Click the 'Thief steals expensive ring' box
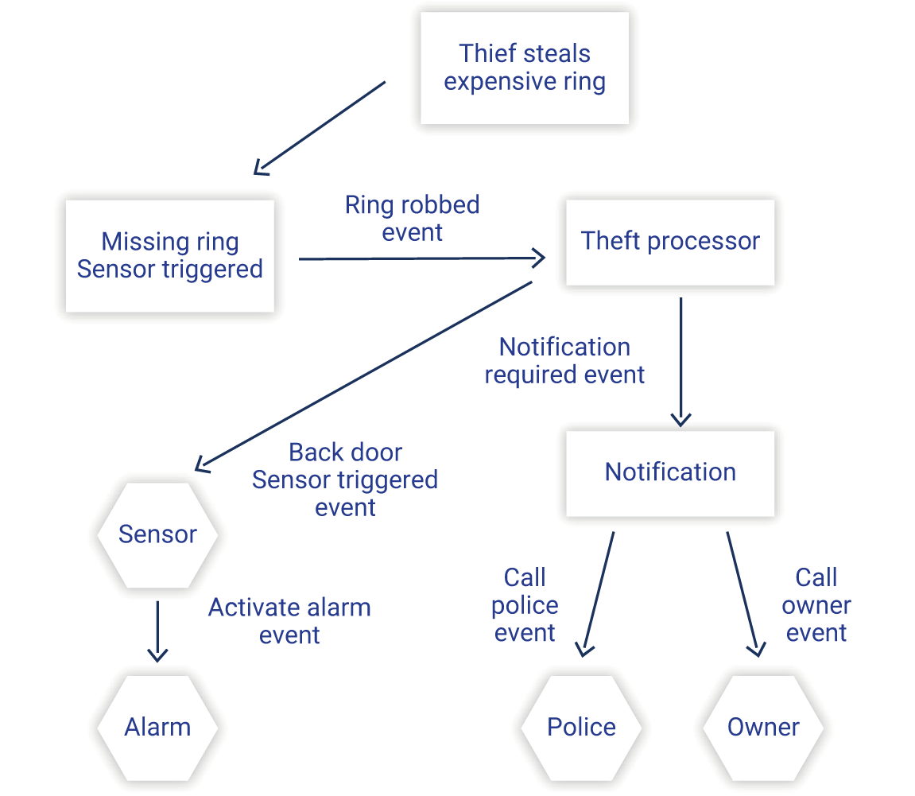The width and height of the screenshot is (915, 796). click(x=524, y=68)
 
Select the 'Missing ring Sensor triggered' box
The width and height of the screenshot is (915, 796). click(x=169, y=255)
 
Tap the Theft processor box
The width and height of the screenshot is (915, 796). click(x=669, y=242)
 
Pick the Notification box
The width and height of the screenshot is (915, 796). click(x=669, y=472)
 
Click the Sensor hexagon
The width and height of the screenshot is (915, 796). click(x=157, y=534)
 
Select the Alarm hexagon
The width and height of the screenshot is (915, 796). click(x=157, y=727)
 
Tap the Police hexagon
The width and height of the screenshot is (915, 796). click(x=581, y=727)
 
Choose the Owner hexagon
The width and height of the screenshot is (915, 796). click(x=763, y=727)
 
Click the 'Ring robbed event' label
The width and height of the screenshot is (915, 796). click(x=412, y=219)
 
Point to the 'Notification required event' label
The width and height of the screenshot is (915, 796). click(x=564, y=361)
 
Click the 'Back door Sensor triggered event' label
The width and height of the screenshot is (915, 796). click(x=345, y=480)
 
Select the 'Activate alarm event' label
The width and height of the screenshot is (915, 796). click(x=289, y=621)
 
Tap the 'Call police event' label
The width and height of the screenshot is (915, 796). click(x=525, y=605)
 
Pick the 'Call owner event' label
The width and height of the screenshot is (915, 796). click(x=816, y=605)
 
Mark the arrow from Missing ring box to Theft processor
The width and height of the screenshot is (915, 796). click(x=421, y=258)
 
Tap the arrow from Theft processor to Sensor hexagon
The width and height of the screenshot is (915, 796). click(x=364, y=374)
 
